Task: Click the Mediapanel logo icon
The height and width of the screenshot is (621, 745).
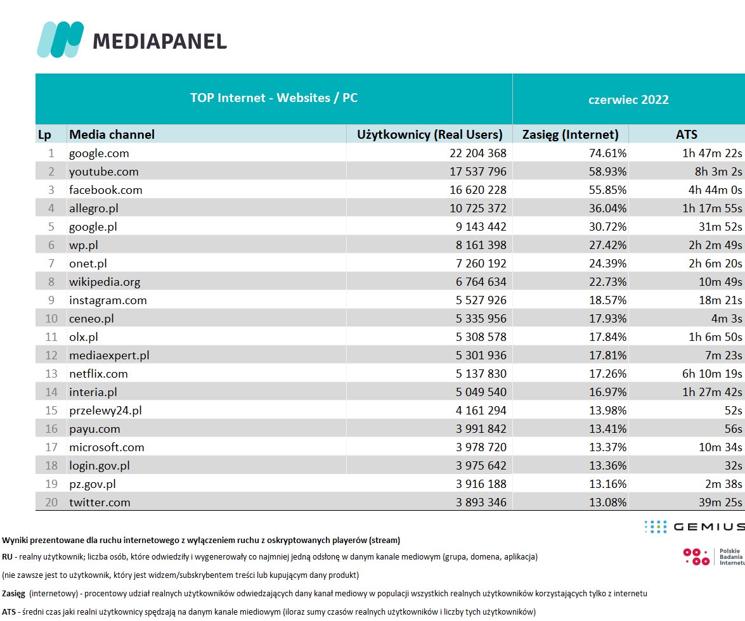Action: coord(60,39)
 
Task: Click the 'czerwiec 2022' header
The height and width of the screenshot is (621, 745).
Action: coord(628,99)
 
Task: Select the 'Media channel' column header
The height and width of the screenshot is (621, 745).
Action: coord(112,134)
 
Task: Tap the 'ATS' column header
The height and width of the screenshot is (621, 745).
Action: coord(687,134)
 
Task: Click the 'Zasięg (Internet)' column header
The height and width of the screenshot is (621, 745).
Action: coord(570,134)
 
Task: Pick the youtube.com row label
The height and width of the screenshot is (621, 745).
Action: coord(103,172)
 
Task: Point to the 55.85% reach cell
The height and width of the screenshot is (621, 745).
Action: coord(606,190)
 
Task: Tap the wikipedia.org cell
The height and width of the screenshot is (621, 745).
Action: coord(105,282)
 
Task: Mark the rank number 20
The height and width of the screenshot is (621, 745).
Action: coord(52,503)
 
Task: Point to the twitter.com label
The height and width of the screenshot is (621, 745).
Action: coord(100,503)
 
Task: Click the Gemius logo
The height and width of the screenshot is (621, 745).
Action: coord(694,527)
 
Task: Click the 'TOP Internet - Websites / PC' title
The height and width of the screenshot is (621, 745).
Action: coord(274,98)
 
